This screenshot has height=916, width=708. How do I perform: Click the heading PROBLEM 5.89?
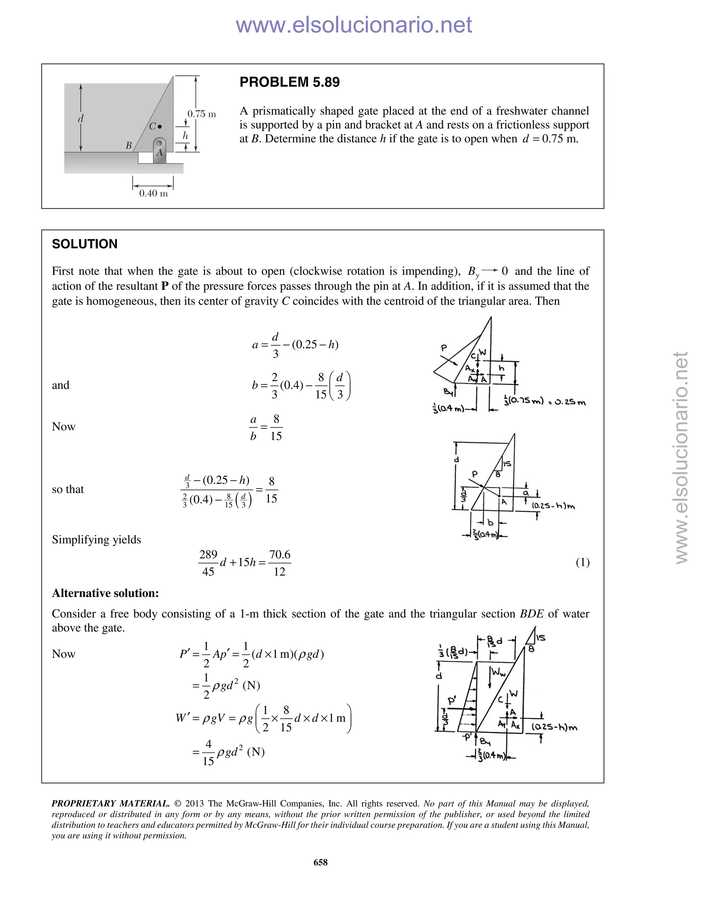[x=289, y=82]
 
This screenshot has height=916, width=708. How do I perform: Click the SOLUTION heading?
[x=85, y=244]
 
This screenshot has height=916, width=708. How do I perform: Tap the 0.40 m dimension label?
[x=153, y=193]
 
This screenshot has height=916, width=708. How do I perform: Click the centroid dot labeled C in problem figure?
[x=159, y=127]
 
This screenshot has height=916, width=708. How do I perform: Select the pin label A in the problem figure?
[x=159, y=153]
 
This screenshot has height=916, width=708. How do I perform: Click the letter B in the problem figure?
[x=129, y=146]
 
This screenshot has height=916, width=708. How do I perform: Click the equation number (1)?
[x=583, y=562]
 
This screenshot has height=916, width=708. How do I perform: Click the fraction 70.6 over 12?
[x=279, y=563]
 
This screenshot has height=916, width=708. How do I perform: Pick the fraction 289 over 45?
[x=208, y=563]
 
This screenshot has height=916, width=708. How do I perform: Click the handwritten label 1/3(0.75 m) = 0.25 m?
[x=544, y=401]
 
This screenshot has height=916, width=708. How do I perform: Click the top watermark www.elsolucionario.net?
[x=354, y=25]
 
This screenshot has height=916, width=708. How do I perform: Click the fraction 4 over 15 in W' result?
[x=208, y=753]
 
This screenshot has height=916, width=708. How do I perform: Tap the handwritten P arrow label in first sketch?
[x=444, y=348]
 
